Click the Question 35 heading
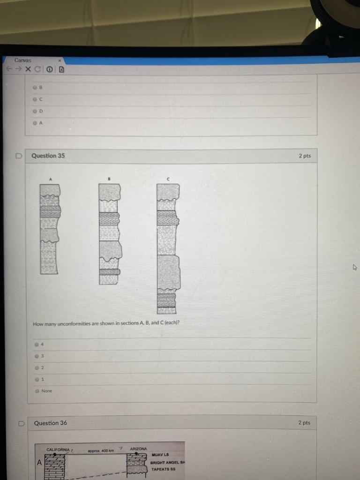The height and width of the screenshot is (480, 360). (48, 156)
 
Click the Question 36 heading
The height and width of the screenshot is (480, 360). (50, 423)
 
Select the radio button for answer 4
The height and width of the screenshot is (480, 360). (37, 345)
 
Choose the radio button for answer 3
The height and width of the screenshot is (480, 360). (37, 356)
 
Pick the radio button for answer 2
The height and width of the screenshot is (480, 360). (37, 367)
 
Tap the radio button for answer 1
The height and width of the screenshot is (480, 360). (37, 379)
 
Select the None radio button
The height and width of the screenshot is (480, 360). (37, 391)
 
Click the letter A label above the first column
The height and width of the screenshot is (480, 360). (51, 179)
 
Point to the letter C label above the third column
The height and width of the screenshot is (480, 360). (168, 179)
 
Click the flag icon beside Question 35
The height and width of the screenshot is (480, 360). (19, 156)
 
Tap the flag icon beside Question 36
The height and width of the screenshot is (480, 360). (21, 423)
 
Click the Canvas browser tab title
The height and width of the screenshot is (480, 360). (22, 60)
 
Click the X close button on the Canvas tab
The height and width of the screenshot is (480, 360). (60, 60)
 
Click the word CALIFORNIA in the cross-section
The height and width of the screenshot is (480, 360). (58, 450)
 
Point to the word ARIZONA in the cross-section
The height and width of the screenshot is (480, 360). (138, 449)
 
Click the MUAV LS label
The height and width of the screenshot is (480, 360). (160, 455)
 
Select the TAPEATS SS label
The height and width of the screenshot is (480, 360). (164, 469)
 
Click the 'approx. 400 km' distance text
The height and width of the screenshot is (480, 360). (101, 450)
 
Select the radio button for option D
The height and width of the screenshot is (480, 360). (35, 111)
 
